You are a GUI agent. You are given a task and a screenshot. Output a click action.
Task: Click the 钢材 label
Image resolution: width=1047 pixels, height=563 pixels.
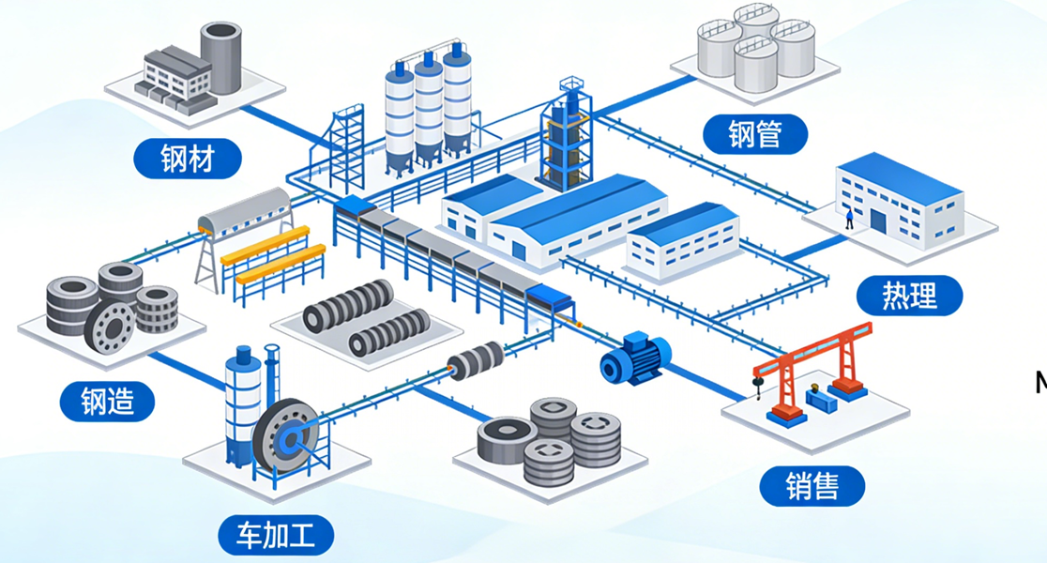tap(188, 159)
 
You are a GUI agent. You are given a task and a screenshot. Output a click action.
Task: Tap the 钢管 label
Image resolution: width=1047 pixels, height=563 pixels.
tap(754, 133)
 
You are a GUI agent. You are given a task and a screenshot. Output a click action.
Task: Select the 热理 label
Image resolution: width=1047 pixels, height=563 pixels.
tap(909, 296)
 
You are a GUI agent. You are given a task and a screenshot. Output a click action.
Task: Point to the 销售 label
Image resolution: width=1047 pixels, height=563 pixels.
tap(812, 486)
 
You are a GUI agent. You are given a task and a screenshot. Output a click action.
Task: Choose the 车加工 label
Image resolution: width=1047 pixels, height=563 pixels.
tap(276, 536)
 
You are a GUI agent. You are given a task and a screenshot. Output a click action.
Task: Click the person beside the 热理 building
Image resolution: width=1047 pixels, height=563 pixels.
tap(849, 219)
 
